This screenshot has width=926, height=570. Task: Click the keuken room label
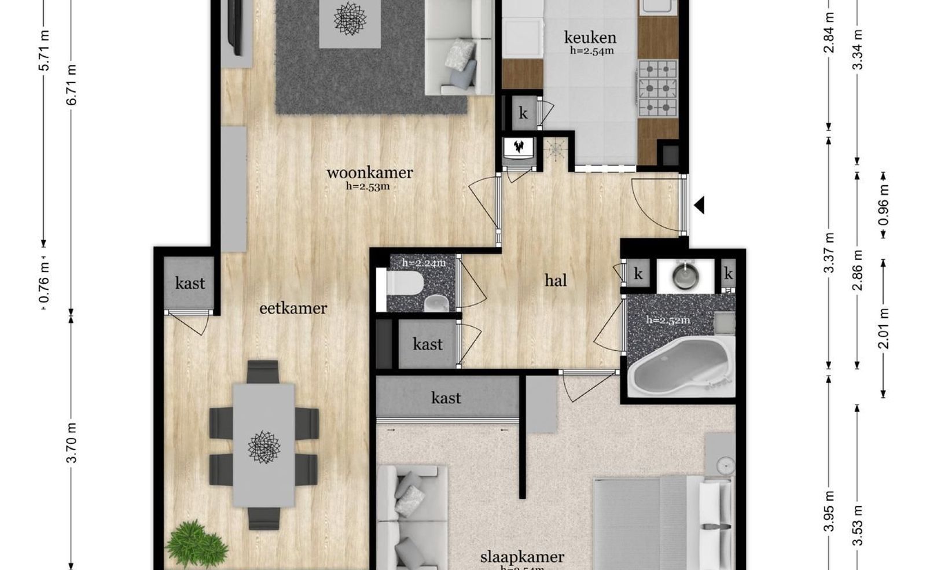[590, 38]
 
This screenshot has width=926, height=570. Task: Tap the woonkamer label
[369, 172]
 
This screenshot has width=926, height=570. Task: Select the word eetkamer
[293, 308]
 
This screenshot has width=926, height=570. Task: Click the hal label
[556, 281]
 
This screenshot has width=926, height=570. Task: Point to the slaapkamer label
[522, 557]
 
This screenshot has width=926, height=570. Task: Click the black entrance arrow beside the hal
[699, 205]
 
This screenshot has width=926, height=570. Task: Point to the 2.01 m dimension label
[884, 329]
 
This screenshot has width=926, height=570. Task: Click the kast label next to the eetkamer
[190, 283]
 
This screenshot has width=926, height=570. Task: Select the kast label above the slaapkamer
[446, 398]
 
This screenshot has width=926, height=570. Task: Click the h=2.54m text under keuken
[591, 51]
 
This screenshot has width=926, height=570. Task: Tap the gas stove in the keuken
[657, 89]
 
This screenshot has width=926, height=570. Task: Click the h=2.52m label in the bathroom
[668, 320]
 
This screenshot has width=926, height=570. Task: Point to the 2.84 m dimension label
[829, 40]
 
